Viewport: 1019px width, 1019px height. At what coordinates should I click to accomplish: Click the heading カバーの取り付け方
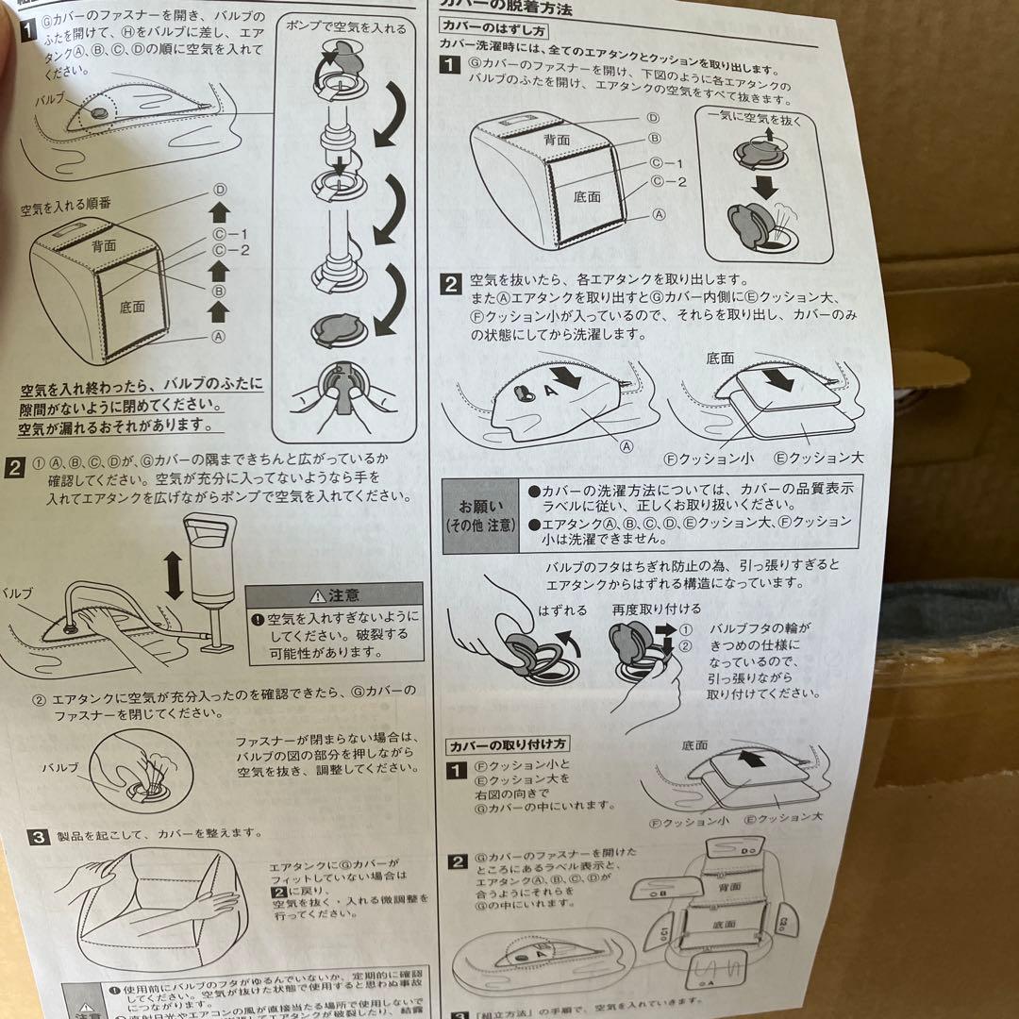pos(507,744)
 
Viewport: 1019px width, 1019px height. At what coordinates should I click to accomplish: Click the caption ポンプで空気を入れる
pos(346,28)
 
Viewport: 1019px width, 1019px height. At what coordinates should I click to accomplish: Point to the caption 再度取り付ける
pos(644,610)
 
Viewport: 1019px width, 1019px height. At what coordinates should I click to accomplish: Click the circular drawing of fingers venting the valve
pos(142,772)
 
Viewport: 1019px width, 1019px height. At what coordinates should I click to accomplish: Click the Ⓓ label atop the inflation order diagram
pos(221,189)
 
